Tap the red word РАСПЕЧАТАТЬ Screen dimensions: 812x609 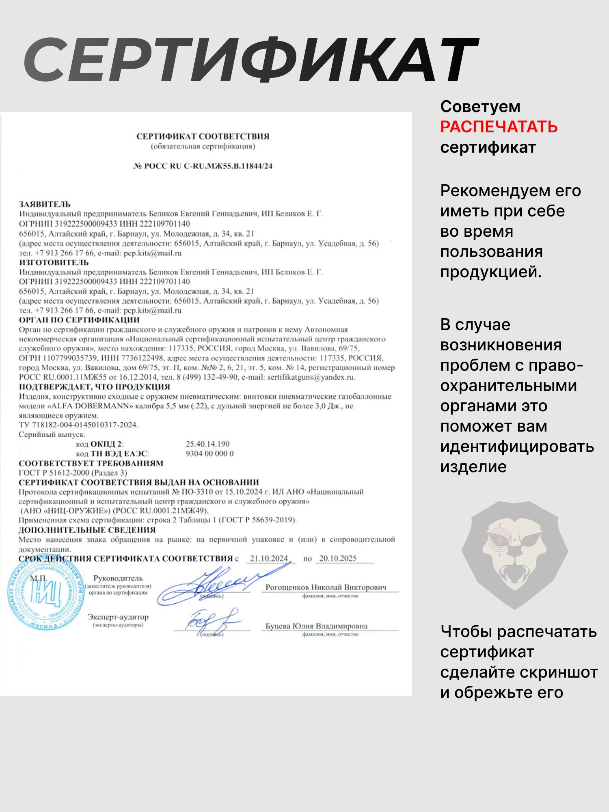point(499,127)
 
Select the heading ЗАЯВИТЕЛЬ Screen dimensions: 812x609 point(45,204)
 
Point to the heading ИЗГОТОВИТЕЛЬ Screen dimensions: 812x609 point(54,262)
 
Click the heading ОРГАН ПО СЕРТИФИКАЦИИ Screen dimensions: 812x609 point(79,320)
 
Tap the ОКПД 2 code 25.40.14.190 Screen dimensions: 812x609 point(207,444)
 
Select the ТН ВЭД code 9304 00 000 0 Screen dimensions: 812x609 point(209,454)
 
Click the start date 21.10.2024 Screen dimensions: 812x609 point(269,559)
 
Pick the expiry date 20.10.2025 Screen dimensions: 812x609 point(338,559)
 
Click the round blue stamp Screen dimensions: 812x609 point(45,596)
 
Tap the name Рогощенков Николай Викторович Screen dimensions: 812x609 point(326,587)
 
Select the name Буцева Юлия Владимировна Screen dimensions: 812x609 point(316,626)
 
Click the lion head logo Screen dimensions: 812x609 point(515,554)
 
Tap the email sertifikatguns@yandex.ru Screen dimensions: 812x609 point(311,377)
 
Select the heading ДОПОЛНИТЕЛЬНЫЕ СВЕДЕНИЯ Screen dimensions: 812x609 point(87,530)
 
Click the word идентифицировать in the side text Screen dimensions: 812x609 point(517,447)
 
